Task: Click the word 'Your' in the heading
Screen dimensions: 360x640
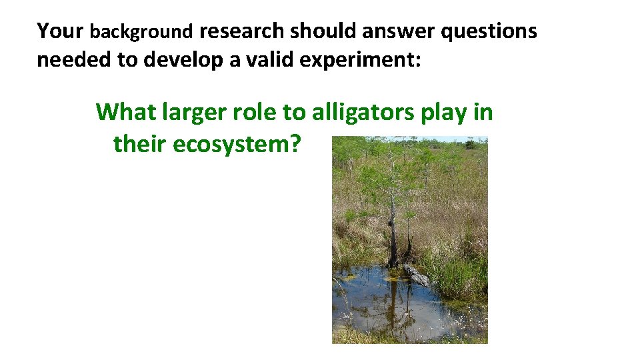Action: [60, 31]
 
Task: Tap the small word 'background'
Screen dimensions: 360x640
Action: [141, 32]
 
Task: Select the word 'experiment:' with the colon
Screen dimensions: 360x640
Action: [360, 60]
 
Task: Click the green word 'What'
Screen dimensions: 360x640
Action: [126, 112]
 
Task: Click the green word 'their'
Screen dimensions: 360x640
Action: [140, 143]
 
